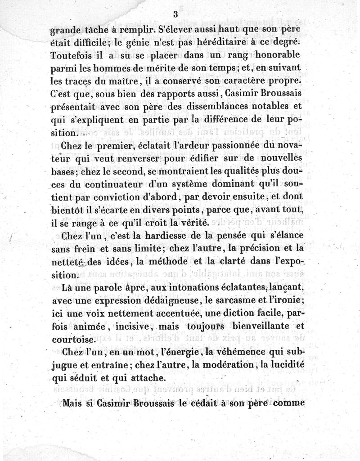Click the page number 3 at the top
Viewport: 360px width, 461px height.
[175, 14]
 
